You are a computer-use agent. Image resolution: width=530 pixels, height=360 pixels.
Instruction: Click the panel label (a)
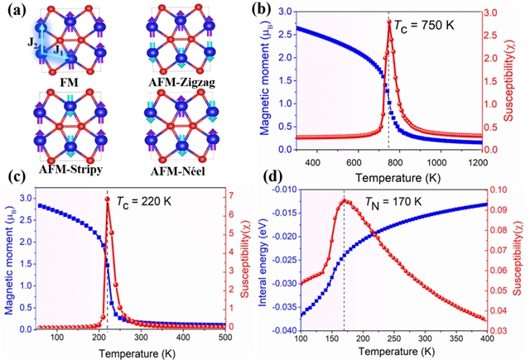tap(16, 12)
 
